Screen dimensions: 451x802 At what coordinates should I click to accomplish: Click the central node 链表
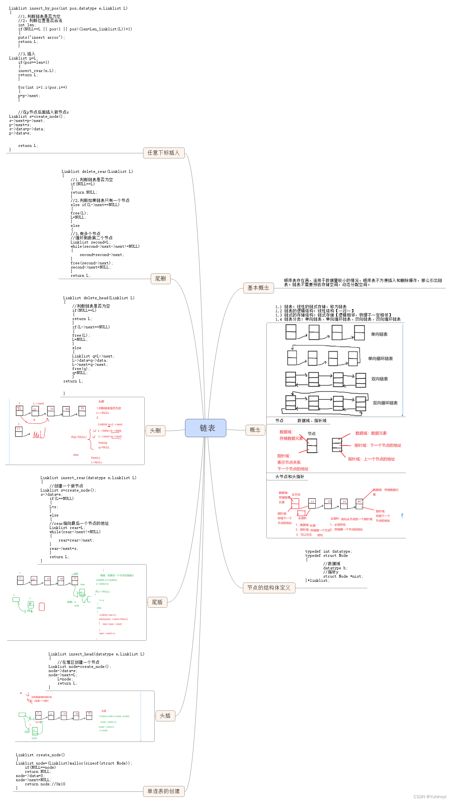point(205,428)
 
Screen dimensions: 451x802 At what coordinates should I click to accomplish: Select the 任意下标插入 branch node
point(164,153)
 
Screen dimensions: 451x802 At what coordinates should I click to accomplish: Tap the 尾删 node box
point(160,279)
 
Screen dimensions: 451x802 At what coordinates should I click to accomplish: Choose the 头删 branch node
point(155,431)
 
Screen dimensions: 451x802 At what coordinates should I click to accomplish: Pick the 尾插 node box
point(157,602)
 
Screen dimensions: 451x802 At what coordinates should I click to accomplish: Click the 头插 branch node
point(165,716)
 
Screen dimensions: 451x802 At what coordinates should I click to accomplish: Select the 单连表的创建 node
point(164,791)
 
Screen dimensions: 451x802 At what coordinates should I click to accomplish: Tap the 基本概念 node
point(258,288)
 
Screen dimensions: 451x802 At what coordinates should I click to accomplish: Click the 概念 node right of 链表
point(255,430)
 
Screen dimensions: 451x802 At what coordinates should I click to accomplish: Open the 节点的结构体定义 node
point(269,588)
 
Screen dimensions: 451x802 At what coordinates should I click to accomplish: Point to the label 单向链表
point(379,334)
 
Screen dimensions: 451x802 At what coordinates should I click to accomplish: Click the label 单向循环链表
point(380,359)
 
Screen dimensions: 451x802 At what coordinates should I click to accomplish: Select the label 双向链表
point(380,379)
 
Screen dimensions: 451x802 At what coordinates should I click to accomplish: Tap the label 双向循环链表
point(385,403)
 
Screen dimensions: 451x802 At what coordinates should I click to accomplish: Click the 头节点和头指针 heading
point(290,477)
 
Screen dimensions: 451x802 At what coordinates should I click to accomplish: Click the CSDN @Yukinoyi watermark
point(430,797)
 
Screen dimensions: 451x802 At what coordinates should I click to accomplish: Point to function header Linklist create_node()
point(40,755)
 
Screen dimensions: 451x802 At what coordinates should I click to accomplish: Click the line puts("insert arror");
point(41,37)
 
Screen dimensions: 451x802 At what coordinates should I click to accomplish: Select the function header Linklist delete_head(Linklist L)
point(99,298)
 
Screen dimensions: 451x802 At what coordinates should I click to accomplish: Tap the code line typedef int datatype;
point(328,551)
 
